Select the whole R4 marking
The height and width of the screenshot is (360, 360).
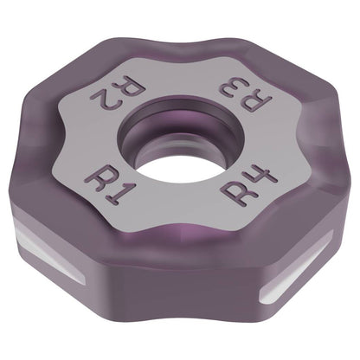click(x=249, y=187)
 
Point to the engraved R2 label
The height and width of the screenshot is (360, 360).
click(x=118, y=92)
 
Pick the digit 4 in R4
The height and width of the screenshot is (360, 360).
click(x=265, y=178)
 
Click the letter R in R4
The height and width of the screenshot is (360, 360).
click(x=236, y=195)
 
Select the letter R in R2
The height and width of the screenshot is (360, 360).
click(x=132, y=86)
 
